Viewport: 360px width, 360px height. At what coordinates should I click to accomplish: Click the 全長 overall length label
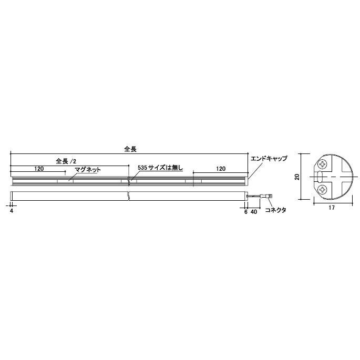click(130, 149)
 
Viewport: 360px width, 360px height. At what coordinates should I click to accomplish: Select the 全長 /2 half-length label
click(66, 161)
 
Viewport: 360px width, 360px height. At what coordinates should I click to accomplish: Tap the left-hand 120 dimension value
click(38, 169)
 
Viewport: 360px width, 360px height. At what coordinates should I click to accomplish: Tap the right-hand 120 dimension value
click(220, 169)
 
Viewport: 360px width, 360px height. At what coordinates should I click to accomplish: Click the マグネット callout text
click(87, 170)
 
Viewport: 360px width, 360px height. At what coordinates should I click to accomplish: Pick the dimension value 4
click(11, 211)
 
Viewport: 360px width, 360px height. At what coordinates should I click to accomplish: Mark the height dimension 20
click(297, 177)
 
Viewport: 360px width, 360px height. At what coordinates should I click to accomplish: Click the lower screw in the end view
click(322, 189)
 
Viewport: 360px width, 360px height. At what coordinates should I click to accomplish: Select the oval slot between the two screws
click(318, 177)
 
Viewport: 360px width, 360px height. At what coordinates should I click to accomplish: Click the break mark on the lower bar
click(129, 196)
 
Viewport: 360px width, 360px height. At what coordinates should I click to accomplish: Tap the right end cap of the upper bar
click(246, 180)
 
